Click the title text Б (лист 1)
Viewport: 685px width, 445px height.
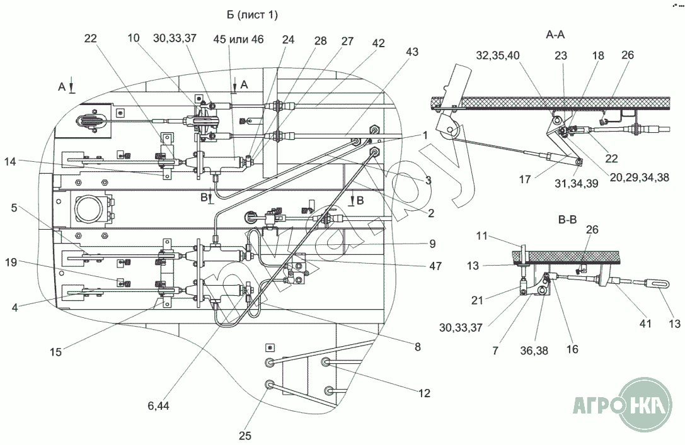click(252, 15)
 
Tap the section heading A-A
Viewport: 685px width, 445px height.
click(555, 34)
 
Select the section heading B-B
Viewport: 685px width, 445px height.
click(568, 220)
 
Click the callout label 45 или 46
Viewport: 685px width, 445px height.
click(239, 39)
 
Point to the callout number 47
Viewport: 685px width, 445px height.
click(435, 266)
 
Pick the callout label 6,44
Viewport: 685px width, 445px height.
click(159, 406)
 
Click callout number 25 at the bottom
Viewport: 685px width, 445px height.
click(245, 436)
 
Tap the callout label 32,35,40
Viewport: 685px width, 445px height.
click(498, 56)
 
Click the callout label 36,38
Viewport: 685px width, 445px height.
click(534, 351)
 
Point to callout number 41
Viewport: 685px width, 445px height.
click(645, 324)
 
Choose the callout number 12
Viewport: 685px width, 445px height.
click(424, 393)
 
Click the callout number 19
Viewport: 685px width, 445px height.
click(11, 262)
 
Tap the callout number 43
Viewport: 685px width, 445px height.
click(412, 52)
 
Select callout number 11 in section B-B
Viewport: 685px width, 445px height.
click(482, 236)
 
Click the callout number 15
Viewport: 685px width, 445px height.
click(55, 352)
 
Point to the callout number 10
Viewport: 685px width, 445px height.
click(133, 38)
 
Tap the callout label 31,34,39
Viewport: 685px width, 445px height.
click(577, 184)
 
